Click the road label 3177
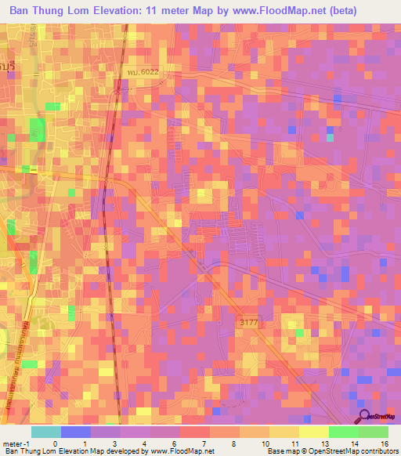point(248,322)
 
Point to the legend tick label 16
point(384,443)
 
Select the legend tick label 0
point(54,443)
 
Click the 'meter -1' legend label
point(16,443)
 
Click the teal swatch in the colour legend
point(45,432)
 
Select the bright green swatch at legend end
point(373,432)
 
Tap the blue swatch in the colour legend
point(75,432)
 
